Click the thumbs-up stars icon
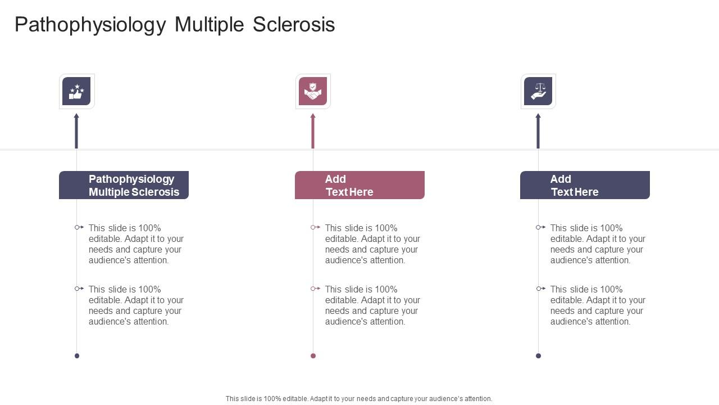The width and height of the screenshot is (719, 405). [76, 91]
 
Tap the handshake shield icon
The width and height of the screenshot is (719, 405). [313, 91]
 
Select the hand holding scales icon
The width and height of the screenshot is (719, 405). [538, 91]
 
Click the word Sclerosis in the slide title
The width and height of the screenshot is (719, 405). [294, 25]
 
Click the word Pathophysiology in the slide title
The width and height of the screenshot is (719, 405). [90, 25]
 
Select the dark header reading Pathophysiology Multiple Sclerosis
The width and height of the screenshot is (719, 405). [124, 185]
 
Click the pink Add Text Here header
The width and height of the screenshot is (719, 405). [359, 185]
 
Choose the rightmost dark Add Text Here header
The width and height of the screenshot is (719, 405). [585, 185]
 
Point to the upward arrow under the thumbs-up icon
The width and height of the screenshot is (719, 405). [76, 131]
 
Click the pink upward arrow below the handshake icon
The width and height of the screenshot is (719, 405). [313, 131]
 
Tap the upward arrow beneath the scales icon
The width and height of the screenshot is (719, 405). [538, 131]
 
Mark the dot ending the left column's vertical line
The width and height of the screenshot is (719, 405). [77, 355]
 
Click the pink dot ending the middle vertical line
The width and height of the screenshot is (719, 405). [313, 355]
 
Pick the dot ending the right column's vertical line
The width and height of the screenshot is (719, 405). [538, 355]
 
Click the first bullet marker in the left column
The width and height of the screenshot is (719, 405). [79, 227]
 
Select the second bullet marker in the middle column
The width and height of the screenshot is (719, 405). [316, 289]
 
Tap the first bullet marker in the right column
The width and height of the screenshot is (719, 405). [541, 227]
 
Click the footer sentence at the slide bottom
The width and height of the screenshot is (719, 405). [359, 399]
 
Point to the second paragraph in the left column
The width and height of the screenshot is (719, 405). [136, 305]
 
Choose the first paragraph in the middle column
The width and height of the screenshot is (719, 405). [372, 244]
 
